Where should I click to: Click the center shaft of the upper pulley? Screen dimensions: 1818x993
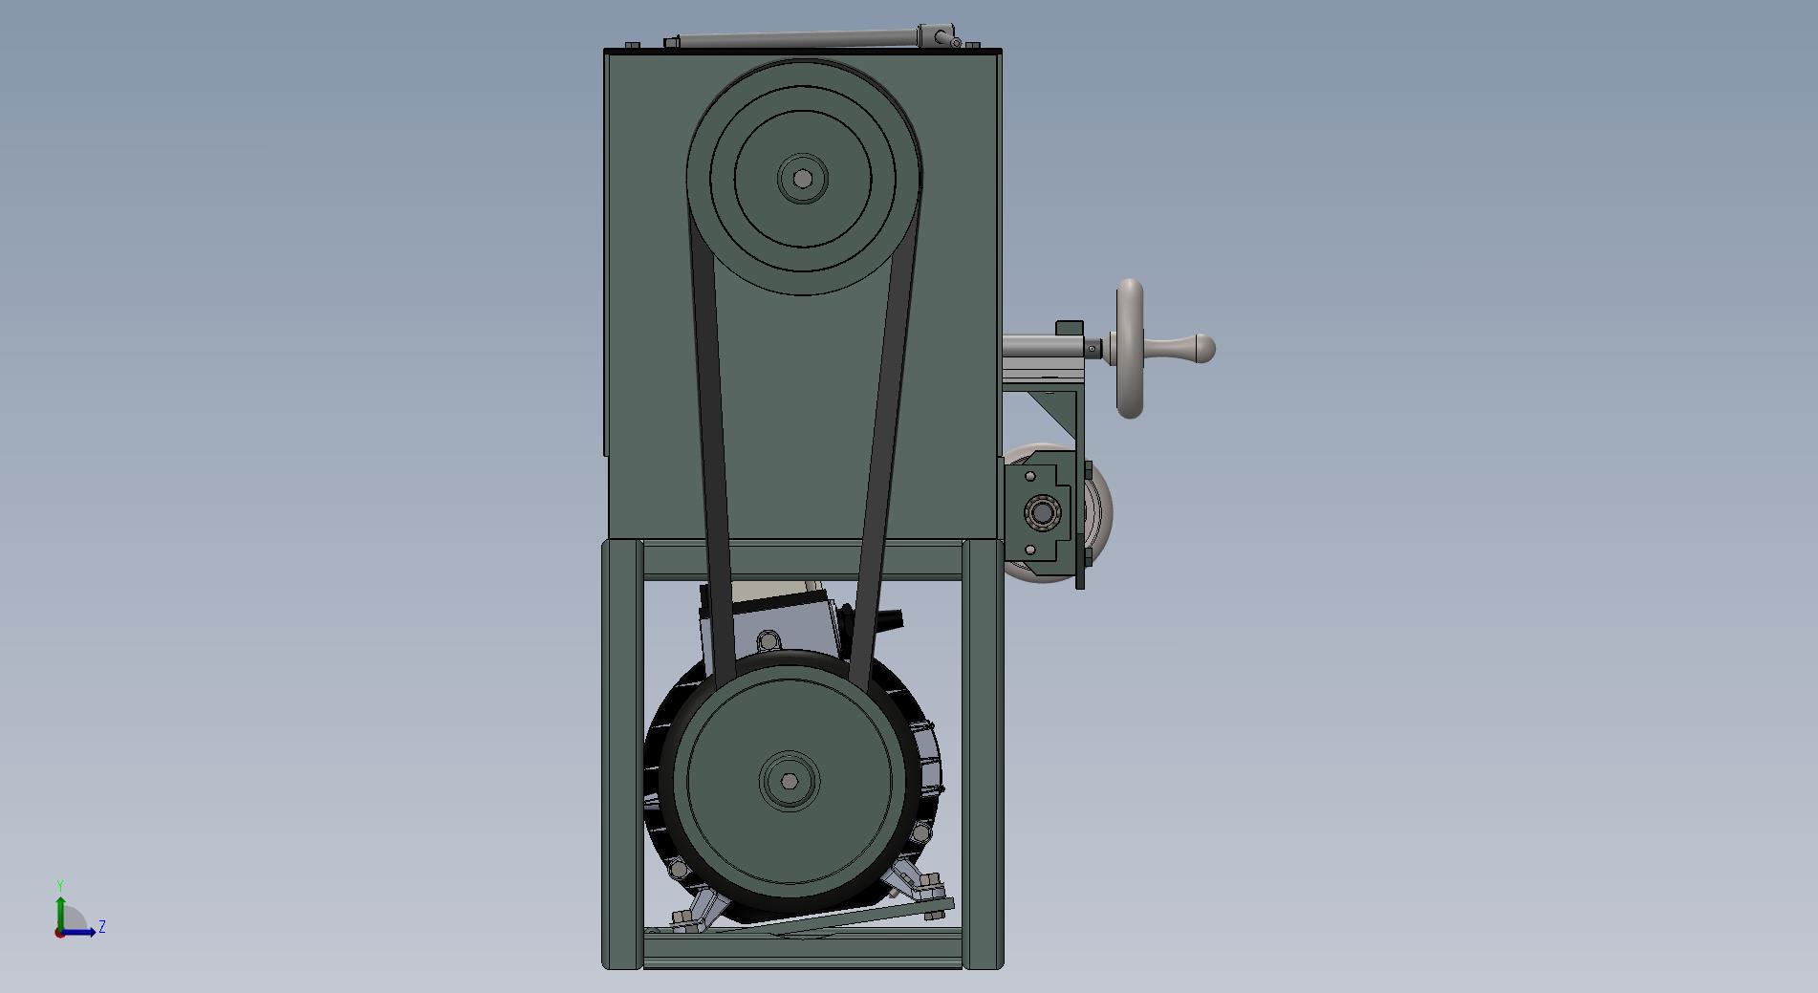click(x=803, y=179)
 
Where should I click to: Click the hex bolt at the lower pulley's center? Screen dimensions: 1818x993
click(x=789, y=781)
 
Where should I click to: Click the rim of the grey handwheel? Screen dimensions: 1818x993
click(x=1130, y=287)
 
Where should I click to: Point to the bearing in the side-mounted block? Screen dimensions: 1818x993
click(x=1041, y=514)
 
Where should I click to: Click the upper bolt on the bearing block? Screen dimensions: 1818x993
click(x=1030, y=476)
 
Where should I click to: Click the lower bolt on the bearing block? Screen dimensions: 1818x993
click(x=1030, y=550)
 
